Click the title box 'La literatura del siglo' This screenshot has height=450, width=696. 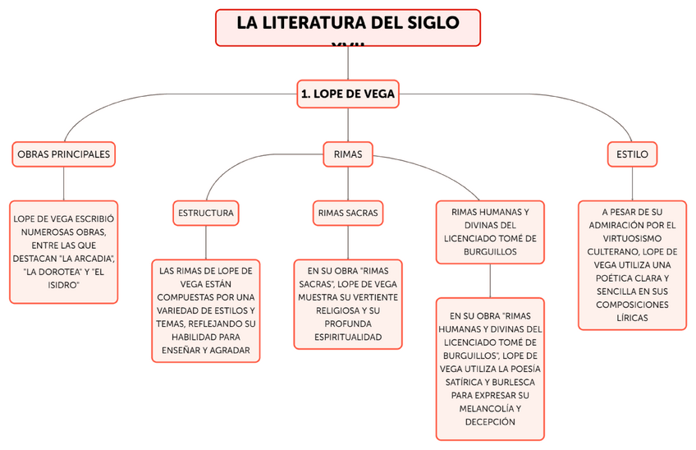pyautogui.click(x=348, y=25)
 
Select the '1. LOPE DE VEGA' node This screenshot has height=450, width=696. pyautogui.click(x=348, y=94)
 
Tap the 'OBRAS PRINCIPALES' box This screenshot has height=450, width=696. pyautogui.click(x=63, y=154)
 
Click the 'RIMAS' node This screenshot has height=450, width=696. pyautogui.click(x=348, y=154)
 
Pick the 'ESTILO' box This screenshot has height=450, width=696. pyautogui.click(x=632, y=154)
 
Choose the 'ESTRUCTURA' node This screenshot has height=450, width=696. pyautogui.click(x=205, y=214)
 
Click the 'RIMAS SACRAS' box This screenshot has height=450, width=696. pyautogui.click(x=348, y=214)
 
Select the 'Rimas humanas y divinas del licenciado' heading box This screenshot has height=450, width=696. pyautogui.click(x=490, y=232)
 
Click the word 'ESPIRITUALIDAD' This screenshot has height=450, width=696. pyautogui.click(x=348, y=337)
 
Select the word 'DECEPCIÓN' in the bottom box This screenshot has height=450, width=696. pyautogui.click(x=489, y=422)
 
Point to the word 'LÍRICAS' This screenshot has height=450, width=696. pyautogui.click(x=632, y=317)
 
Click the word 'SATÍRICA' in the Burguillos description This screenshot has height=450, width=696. pyautogui.click(x=469, y=382)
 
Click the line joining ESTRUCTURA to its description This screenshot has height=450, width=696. pyautogui.click(x=205, y=242)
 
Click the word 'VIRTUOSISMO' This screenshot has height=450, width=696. pyautogui.click(x=632, y=237)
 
